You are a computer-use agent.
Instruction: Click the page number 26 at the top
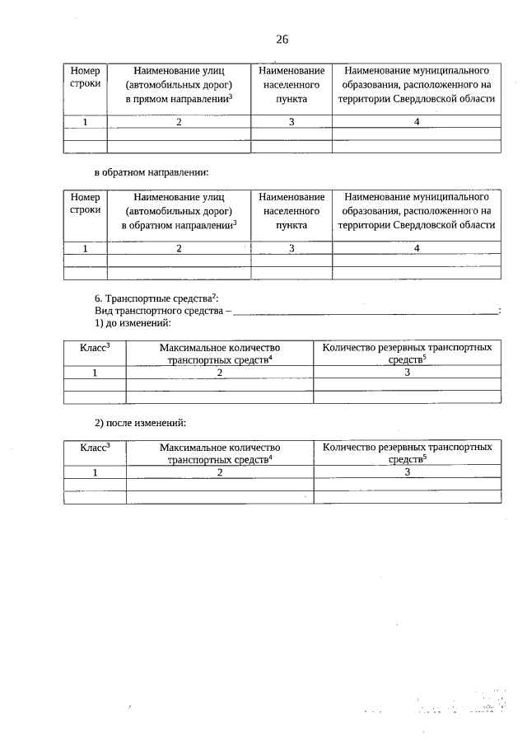282,40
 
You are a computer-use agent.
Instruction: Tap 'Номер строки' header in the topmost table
85,77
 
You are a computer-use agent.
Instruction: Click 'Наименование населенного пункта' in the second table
291,210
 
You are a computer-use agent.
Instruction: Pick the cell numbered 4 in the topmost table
417,122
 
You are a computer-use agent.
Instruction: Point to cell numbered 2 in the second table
179,248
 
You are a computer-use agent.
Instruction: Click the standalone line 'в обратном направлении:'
152,172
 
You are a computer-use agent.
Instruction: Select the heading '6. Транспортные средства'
156,298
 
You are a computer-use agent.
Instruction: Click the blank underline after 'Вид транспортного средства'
366,312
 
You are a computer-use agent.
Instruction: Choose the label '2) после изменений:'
140,423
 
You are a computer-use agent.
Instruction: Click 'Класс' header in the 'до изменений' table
95,349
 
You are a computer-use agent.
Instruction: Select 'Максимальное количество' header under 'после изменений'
220,453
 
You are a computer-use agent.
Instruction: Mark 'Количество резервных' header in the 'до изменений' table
408,353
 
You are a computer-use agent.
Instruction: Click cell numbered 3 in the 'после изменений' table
408,472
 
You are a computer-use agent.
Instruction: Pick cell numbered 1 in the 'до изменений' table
95,373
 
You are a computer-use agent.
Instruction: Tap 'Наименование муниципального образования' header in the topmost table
417,84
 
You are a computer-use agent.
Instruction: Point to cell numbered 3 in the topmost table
291,122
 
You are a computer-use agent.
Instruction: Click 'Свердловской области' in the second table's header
444,224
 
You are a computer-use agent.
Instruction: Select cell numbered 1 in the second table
85,248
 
